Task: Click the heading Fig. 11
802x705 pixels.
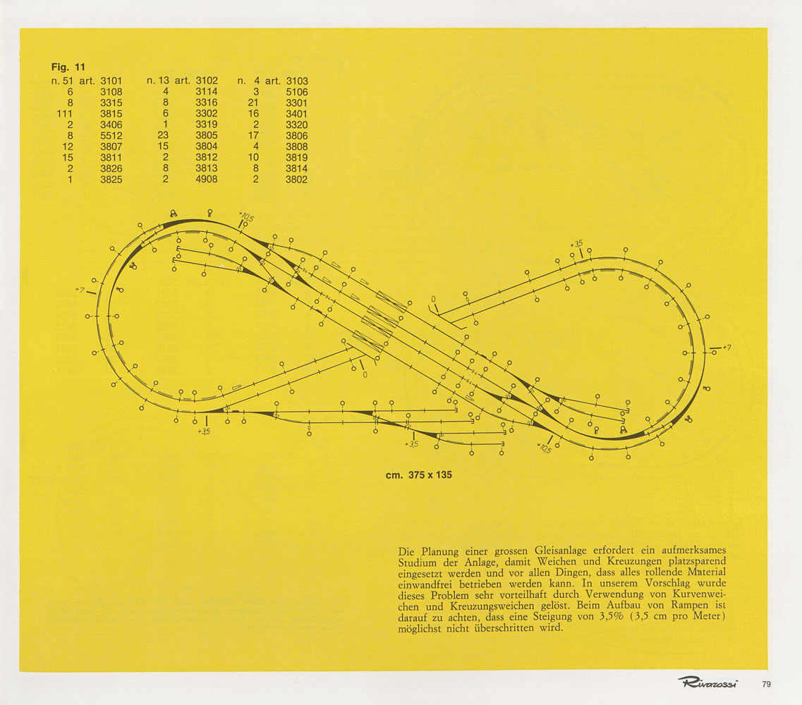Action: [68, 68]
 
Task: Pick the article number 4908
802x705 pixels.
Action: [207, 179]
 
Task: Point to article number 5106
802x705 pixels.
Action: [297, 92]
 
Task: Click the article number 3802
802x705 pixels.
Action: [297, 179]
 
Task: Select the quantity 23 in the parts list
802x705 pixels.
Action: [163, 135]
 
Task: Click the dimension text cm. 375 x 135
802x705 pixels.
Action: [418, 475]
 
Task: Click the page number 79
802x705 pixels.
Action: [766, 682]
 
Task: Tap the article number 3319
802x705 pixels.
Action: [207, 125]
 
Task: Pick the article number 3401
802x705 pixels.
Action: [297, 114]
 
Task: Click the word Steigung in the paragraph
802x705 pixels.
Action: [535, 618]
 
